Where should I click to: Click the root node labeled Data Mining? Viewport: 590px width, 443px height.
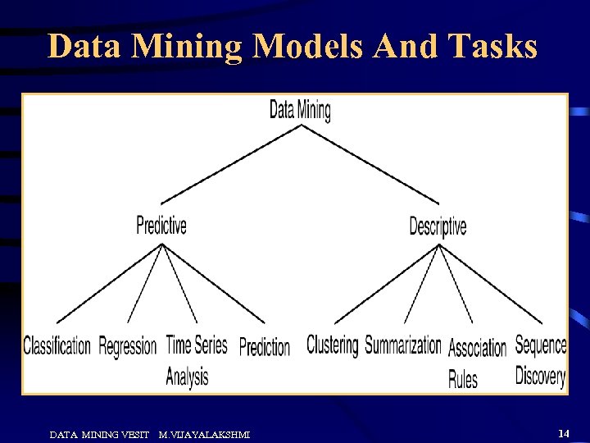[x=300, y=110]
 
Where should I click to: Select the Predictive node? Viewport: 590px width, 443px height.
[x=161, y=225]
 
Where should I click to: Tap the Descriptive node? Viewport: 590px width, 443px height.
[x=438, y=226]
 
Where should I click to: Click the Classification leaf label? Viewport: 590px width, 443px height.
[x=57, y=346]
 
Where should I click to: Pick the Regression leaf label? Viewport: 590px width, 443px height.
[x=127, y=346]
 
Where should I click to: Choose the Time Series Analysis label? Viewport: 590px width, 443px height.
[x=196, y=359]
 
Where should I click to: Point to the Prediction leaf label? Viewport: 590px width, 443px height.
[x=265, y=347]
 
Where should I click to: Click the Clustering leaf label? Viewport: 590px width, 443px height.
[x=332, y=345]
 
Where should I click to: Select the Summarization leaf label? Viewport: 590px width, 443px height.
[x=403, y=345]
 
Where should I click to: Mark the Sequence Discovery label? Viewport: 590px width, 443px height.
[x=540, y=360]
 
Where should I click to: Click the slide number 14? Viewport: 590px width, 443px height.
[x=563, y=432]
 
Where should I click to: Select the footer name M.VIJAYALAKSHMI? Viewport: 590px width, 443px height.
[x=204, y=434]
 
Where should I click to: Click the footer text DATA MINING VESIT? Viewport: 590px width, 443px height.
[x=99, y=434]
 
